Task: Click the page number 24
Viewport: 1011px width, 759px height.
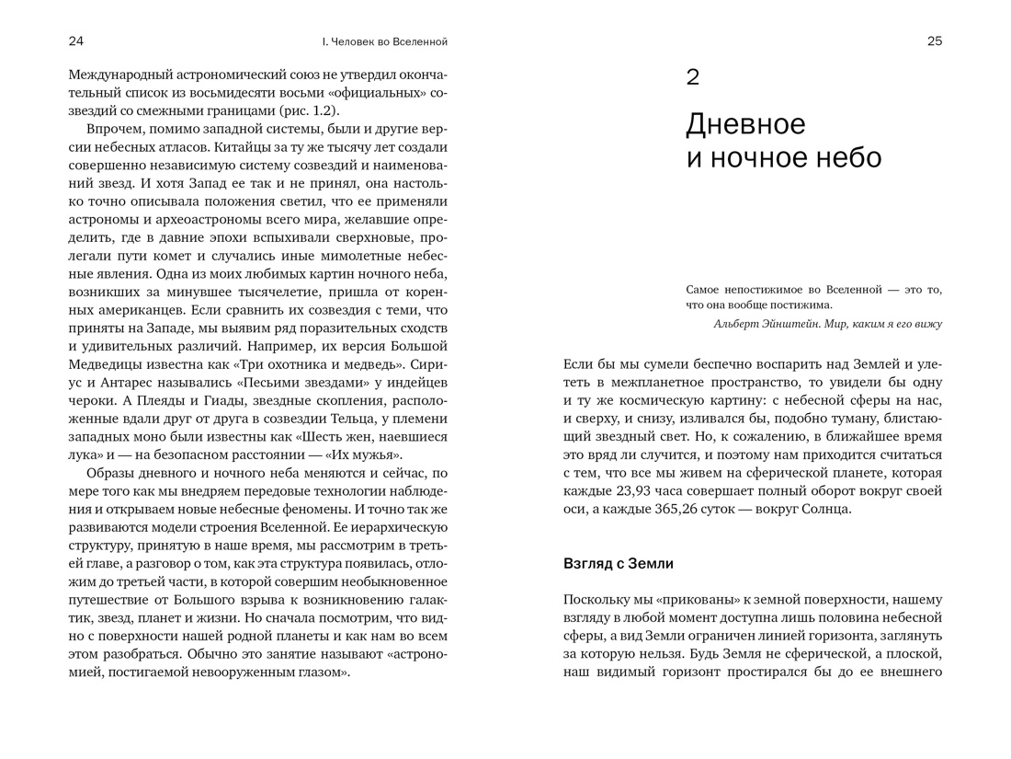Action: click(76, 41)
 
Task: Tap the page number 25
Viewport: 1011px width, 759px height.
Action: click(935, 41)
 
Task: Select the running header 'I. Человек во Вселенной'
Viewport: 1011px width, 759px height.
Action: click(384, 41)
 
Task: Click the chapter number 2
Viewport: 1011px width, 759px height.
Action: click(693, 77)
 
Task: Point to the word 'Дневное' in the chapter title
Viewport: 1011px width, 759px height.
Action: click(745, 123)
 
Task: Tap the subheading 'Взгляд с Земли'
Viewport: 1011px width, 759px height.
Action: click(619, 563)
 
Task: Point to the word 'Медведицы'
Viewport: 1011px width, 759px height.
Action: click(108, 364)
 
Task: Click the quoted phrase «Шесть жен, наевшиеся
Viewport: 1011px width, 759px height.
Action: click(368, 436)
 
